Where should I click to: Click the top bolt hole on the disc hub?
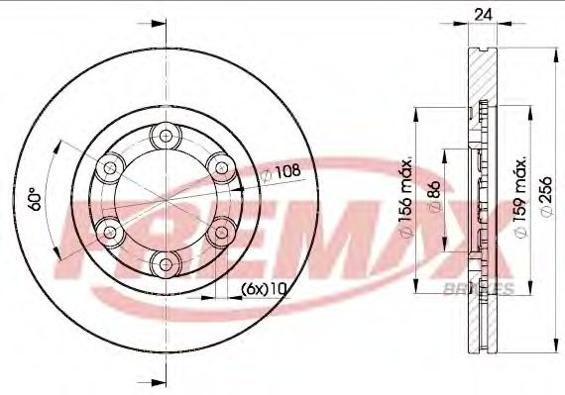coord(161,136)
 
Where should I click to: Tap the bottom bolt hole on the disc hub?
coord(161,262)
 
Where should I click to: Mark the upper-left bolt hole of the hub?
coord(106,166)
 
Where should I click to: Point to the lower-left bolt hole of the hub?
coord(106,232)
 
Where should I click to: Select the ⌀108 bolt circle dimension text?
coord(283,173)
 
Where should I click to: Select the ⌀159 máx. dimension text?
coord(519,194)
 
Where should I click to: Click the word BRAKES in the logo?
coord(487,289)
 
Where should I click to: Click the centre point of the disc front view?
coord(161,199)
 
